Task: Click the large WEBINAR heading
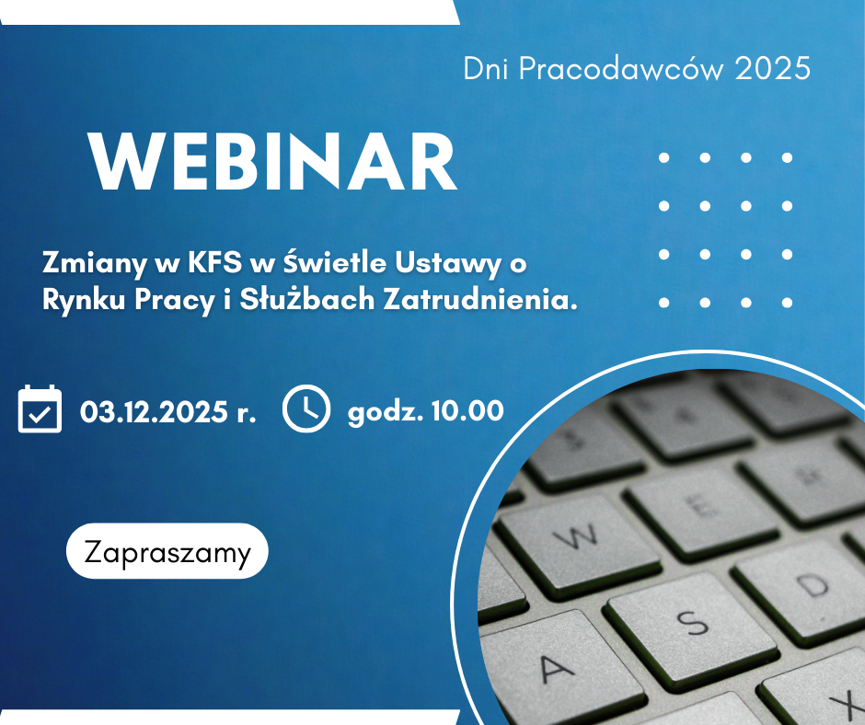click(273, 162)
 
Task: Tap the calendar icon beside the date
click(40, 409)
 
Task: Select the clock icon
click(306, 409)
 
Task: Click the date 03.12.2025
click(154, 411)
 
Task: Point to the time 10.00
click(467, 410)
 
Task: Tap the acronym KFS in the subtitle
click(214, 262)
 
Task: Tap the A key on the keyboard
click(557, 669)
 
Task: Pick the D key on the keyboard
click(810, 586)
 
